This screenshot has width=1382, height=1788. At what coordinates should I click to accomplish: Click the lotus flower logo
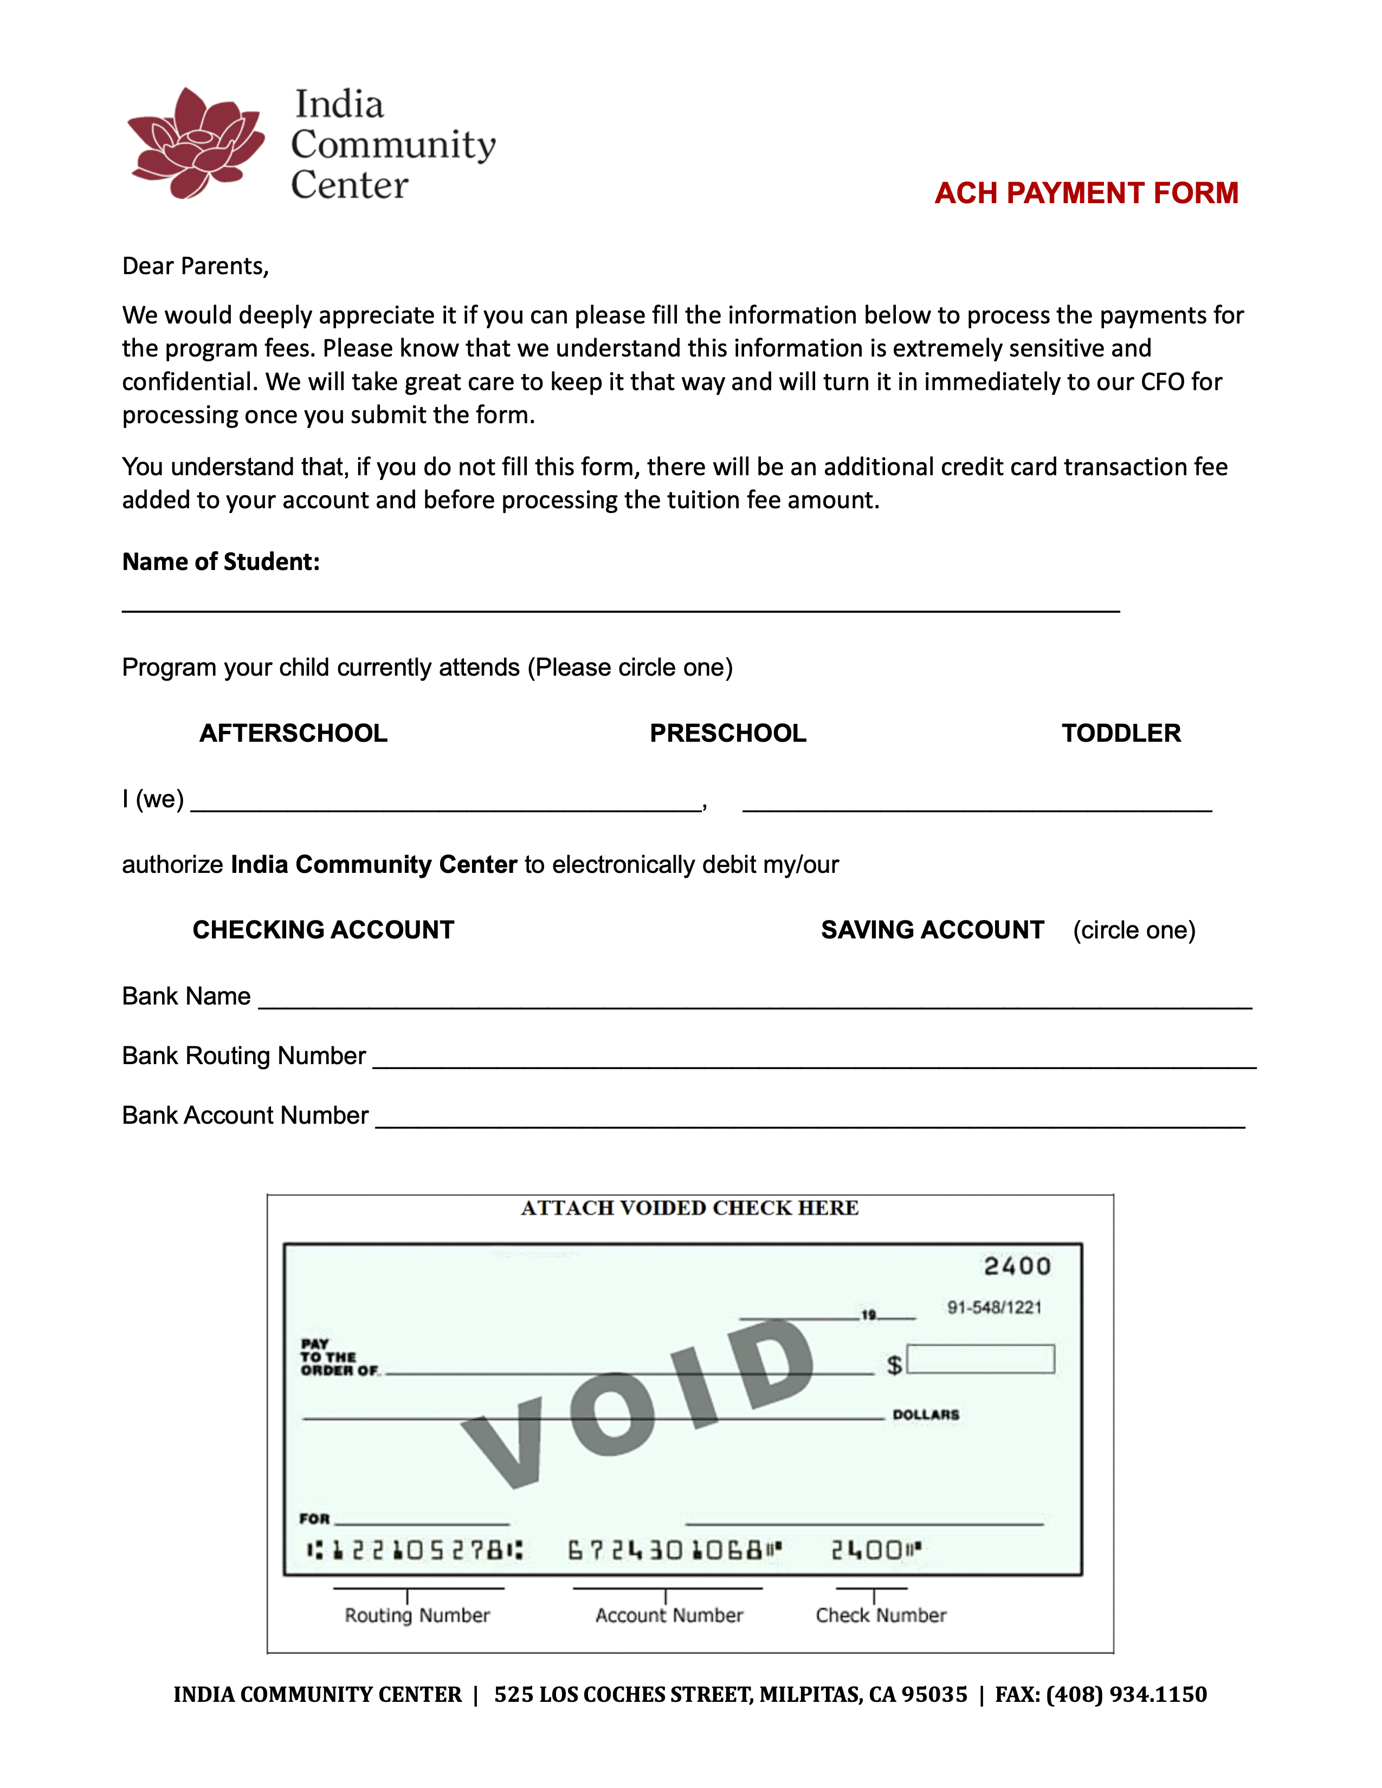(x=197, y=143)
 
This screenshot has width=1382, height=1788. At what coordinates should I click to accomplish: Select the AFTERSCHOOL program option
(x=293, y=733)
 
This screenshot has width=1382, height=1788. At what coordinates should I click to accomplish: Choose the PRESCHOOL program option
(x=728, y=733)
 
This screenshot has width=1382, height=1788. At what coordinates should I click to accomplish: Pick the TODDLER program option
(x=1121, y=733)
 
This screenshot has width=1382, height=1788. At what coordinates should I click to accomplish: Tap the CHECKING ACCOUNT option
(x=324, y=930)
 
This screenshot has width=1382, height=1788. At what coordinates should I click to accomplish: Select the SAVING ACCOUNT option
(x=933, y=930)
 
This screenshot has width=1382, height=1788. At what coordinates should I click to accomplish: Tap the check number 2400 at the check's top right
(x=1017, y=1267)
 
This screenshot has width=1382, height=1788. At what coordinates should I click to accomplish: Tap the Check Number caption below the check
(x=880, y=1615)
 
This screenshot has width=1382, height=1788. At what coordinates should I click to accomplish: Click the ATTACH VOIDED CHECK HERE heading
(x=689, y=1208)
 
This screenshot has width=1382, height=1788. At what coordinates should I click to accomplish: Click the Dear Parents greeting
(x=196, y=266)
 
